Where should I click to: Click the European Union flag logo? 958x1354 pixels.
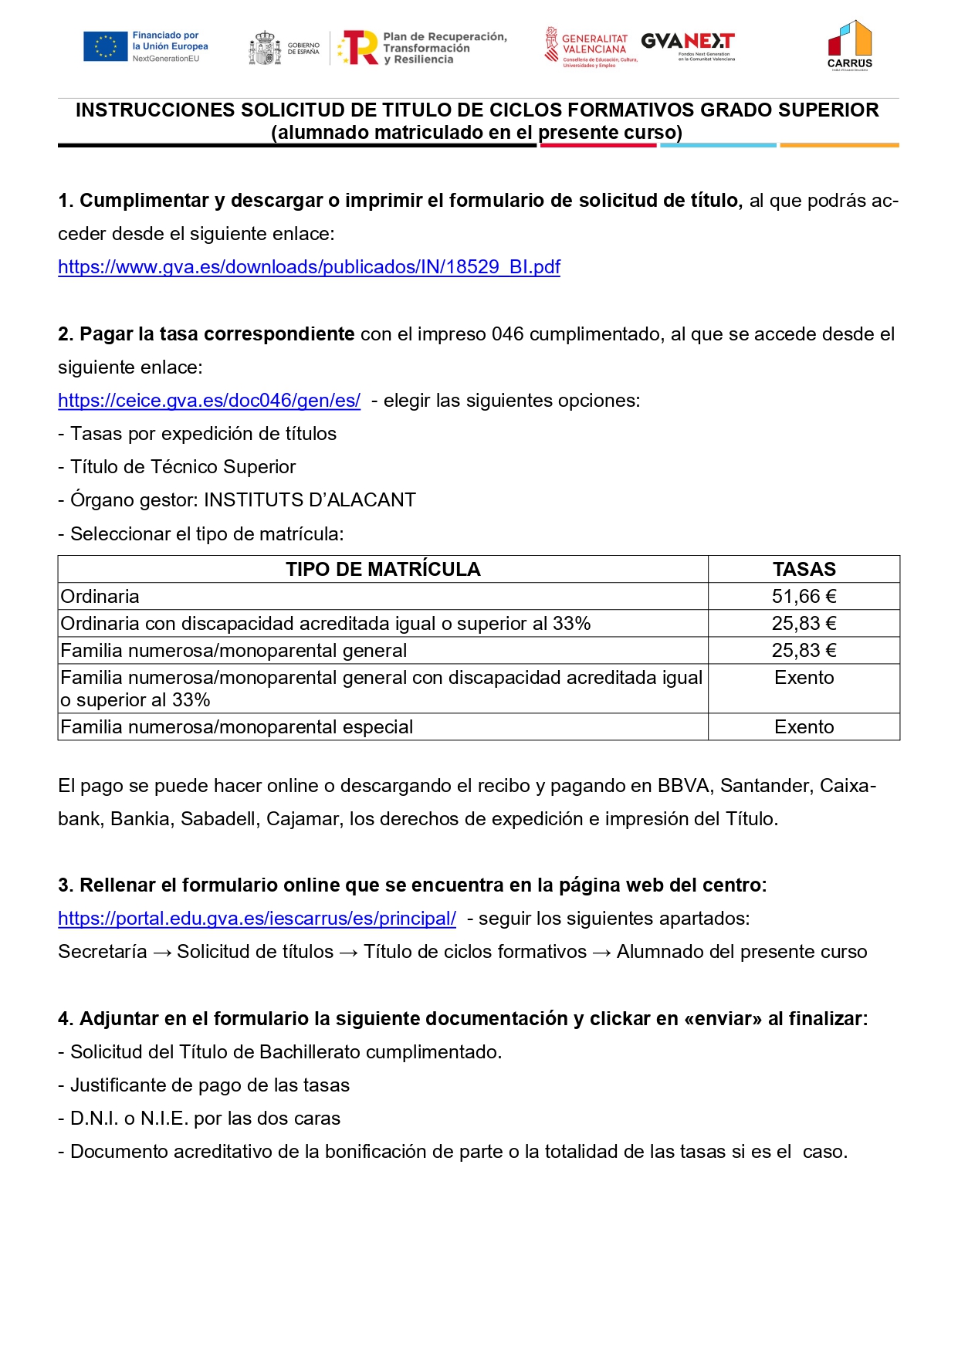pos(106,46)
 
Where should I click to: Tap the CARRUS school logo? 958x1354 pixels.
pos(849,45)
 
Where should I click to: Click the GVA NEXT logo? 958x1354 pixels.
pos(688,43)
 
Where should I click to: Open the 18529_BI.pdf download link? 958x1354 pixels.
pos(309,267)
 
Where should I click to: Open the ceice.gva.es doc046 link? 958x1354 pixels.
pos(209,401)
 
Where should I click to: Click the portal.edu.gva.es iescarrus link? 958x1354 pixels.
pos(257,919)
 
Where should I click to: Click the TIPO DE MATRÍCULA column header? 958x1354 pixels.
pos(383,570)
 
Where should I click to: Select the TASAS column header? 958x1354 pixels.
pos(804,570)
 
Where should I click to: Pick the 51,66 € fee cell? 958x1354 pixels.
pos(804,597)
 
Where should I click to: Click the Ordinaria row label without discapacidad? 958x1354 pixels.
pos(100,597)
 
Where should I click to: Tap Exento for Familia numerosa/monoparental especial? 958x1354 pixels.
pos(804,727)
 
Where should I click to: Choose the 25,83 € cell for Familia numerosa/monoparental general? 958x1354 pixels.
pos(804,651)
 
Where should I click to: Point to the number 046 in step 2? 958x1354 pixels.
pos(507,334)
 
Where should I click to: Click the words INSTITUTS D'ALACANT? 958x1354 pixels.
pos(310,500)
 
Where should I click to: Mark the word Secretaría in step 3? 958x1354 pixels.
pos(102,952)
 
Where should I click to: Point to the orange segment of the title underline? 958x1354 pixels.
pos(839,145)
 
